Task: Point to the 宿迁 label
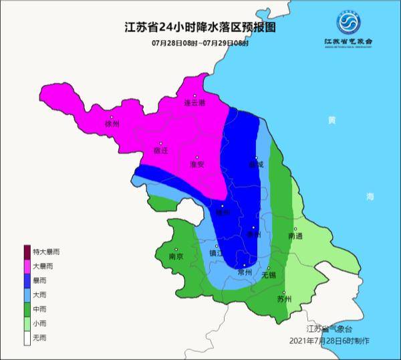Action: (x=161, y=151)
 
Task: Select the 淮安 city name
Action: (x=196, y=165)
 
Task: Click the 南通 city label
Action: (x=295, y=236)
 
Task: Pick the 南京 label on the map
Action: (x=176, y=256)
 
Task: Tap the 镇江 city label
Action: (x=217, y=254)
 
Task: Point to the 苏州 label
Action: (x=284, y=299)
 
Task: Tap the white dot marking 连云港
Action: (x=195, y=96)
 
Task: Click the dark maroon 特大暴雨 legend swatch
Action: (x=27, y=252)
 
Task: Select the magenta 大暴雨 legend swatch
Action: (x=27, y=266)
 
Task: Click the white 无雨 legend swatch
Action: (x=27, y=339)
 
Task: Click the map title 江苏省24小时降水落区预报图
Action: (x=200, y=28)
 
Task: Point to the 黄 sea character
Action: (x=332, y=120)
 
